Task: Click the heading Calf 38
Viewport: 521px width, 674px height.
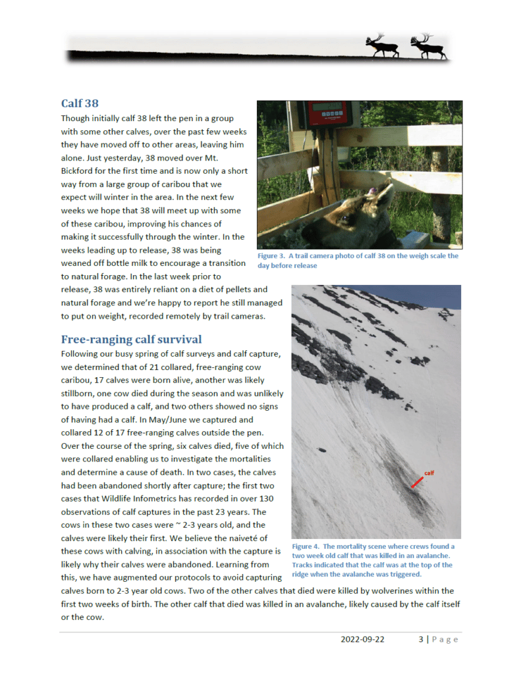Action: [x=80, y=103]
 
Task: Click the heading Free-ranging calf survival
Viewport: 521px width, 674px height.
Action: [x=131, y=340]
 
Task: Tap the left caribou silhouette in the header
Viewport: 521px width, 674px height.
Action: [x=382, y=45]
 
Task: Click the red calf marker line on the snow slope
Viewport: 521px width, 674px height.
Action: [x=418, y=482]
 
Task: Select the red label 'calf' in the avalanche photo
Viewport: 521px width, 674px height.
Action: [x=429, y=473]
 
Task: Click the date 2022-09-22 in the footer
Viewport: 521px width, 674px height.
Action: [x=362, y=639]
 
